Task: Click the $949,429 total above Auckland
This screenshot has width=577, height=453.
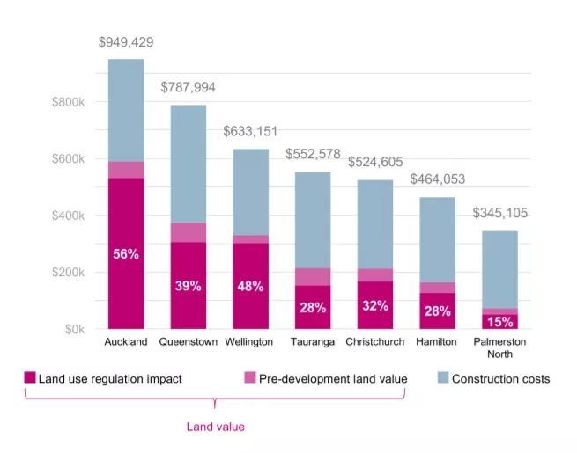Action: click(x=126, y=42)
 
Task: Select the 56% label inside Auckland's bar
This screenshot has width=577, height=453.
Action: click(x=126, y=254)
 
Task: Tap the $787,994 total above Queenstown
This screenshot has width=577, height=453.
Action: click(x=188, y=88)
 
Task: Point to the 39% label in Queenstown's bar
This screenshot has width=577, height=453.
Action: click(x=188, y=287)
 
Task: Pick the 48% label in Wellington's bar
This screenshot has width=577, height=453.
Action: click(x=250, y=287)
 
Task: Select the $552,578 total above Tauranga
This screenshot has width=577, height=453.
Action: click(x=313, y=155)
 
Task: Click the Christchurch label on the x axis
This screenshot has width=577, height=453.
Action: click(x=375, y=341)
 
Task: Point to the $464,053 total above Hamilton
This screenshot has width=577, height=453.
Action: click(x=438, y=179)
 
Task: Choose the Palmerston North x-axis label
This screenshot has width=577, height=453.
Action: click(x=499, y=347)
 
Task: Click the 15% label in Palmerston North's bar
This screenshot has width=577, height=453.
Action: click(x=499, y=321)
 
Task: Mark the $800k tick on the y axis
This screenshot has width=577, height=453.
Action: click(x=68, y=103)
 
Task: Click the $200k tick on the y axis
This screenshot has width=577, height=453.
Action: click(x=68, y=273)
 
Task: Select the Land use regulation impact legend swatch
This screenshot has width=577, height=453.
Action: click(x=30, y=379)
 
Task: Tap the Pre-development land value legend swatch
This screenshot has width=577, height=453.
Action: click(x=250, y=379)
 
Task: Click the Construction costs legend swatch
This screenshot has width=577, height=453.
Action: click(x=443, y=379)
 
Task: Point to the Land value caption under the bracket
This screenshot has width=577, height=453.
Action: click(x=215, y=427)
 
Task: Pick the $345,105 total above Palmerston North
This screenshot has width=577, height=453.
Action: click(x=499, y=214)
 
